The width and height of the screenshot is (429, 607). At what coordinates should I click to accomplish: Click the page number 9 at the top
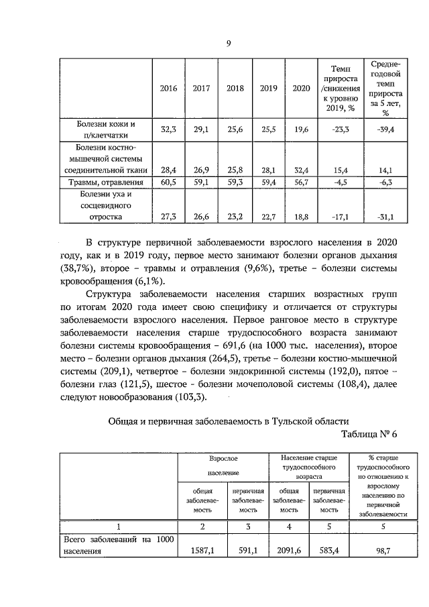(228, 44)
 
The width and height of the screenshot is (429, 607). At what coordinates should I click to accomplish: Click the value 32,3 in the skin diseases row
(168, 129)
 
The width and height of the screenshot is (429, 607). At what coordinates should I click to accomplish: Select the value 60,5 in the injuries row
(168, 182)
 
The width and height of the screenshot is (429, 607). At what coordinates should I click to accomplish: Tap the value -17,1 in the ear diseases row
(342, 217)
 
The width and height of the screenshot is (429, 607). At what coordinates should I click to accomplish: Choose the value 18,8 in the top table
(302, 217)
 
